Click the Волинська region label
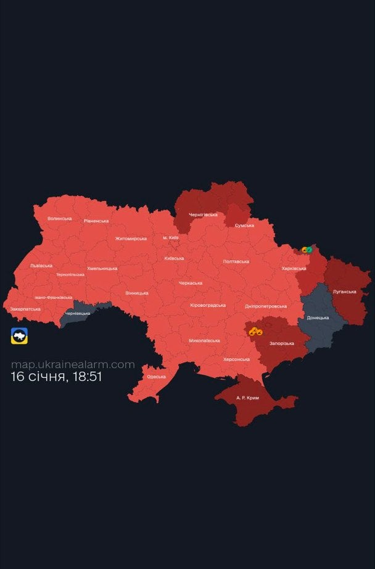click(x=60, y=218)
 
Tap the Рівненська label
click(x=96, y=221)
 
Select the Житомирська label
click(x=131, y=239)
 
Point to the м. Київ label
click(x=171, y=237)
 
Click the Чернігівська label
click(x=202, y=215)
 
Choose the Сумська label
click(x=244, y=226)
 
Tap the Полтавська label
click(x=236, y=261)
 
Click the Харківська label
click(x=294, y=269)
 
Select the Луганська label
click(x=344, y=291)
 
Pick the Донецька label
click(x=318, y=318)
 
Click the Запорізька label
click(x=282, y=343)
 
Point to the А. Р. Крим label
click(x=247, y=398)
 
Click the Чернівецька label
click(x=78, y=313)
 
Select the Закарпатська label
click(x=25, y=309)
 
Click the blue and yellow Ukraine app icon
click(x=20, y=336)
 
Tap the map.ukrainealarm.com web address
click(x=73, y=364)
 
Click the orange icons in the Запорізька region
click(x=255, y=332)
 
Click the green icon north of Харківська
click(x=309, y=250)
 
